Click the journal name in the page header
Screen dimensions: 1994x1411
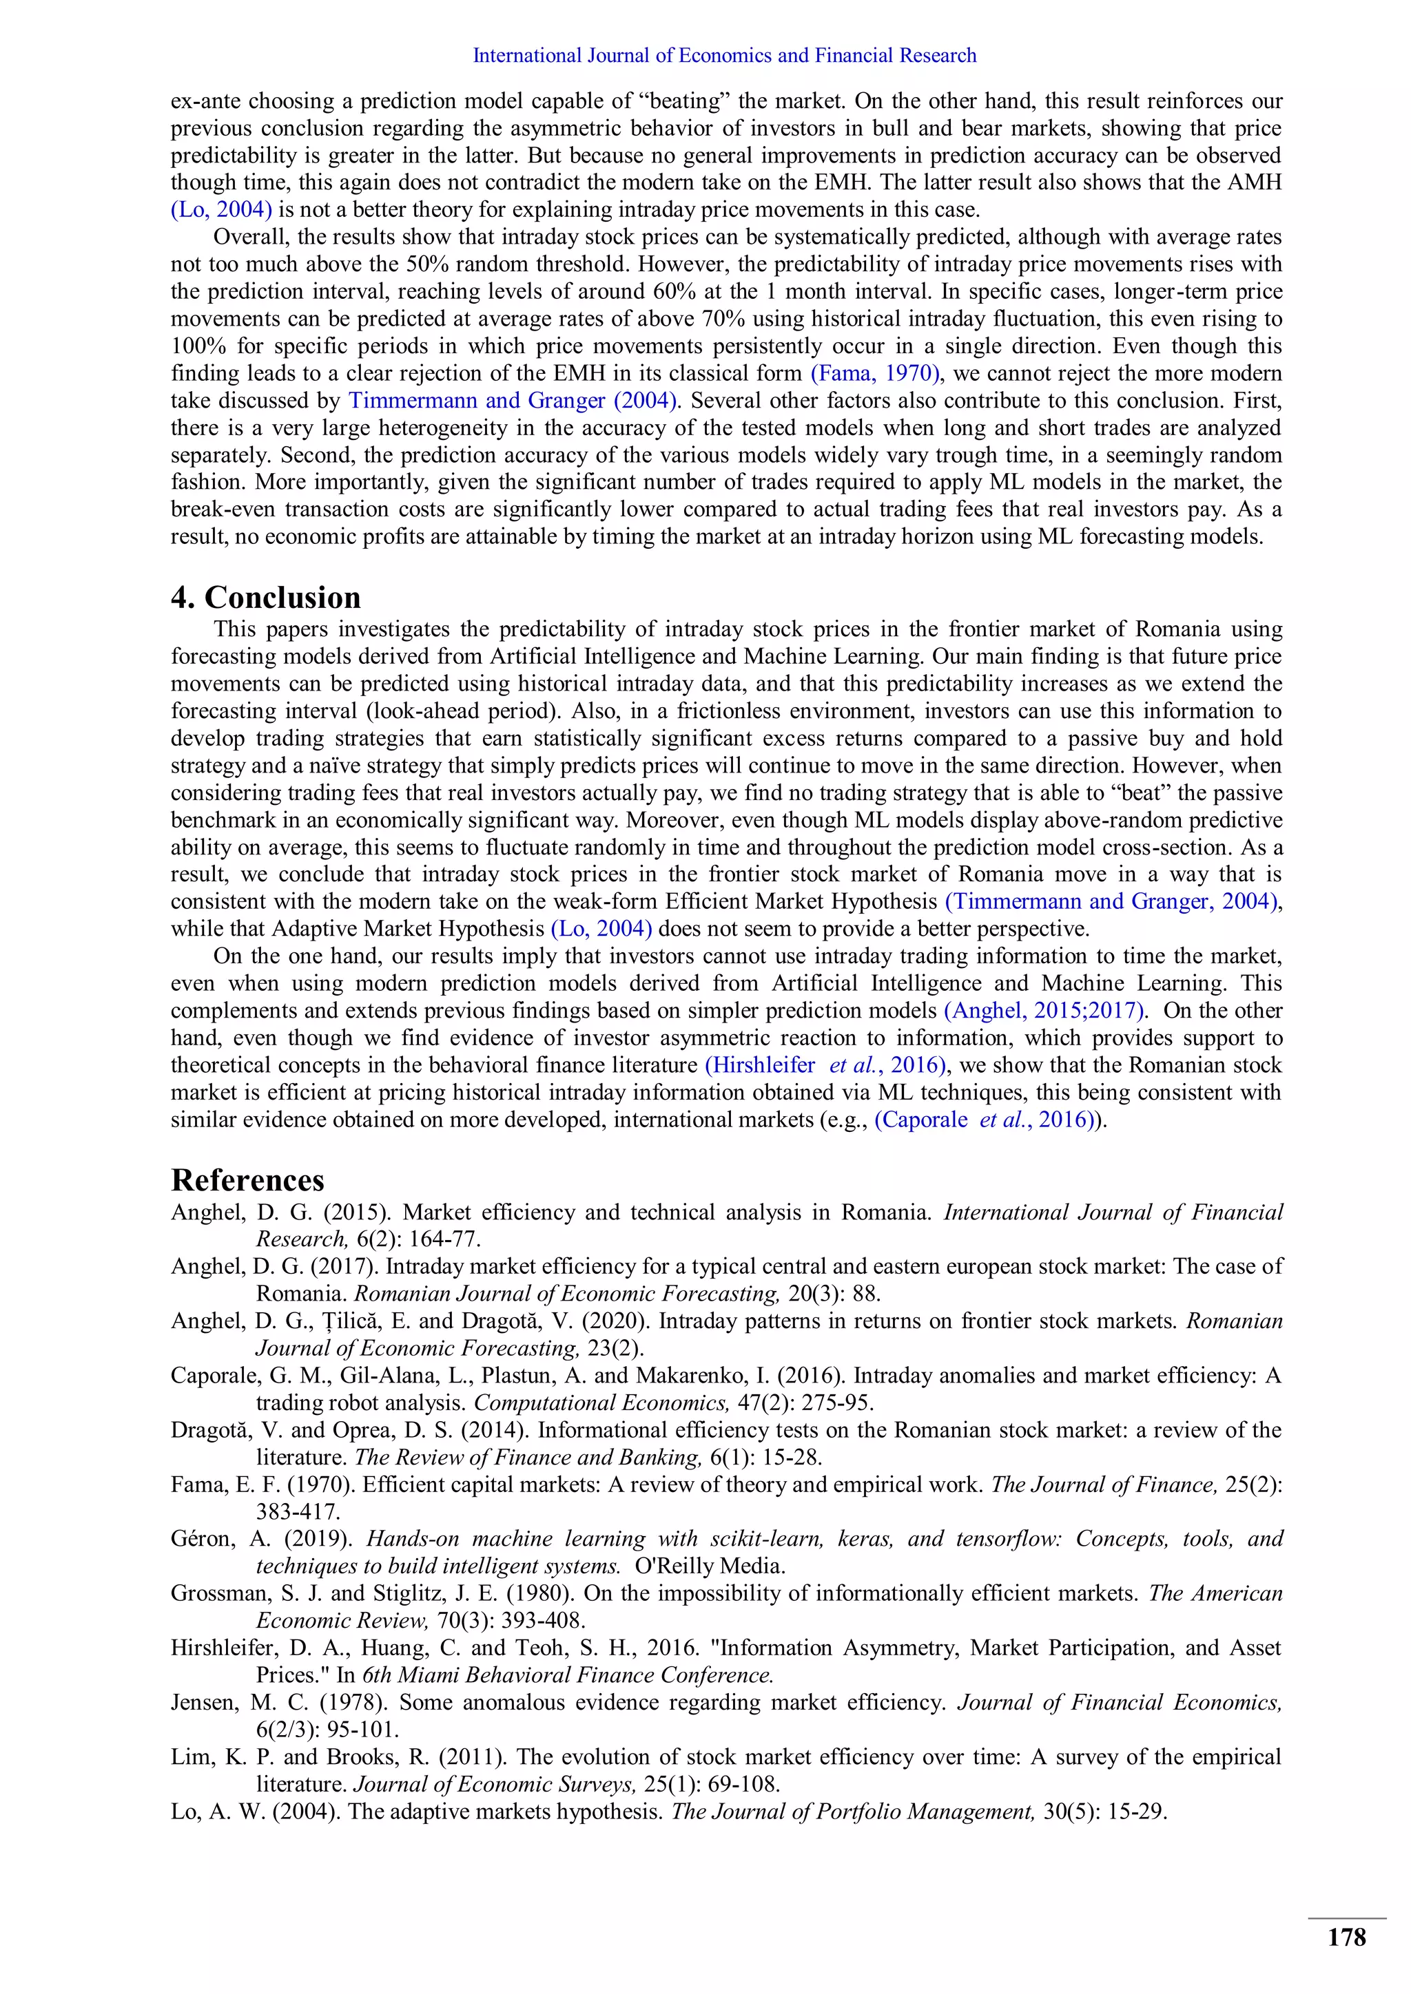[723, 56]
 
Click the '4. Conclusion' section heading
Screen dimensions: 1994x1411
[265, 598]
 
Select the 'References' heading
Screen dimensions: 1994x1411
[247, 1180]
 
